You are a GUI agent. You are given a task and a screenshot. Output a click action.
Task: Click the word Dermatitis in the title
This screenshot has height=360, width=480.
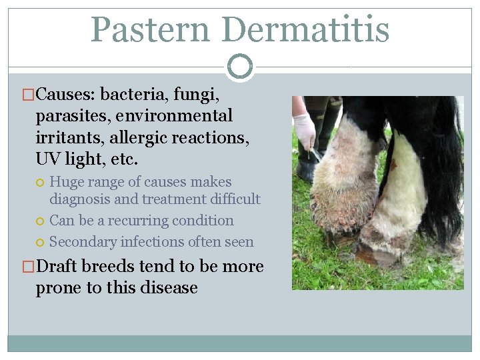[x=306, y=29]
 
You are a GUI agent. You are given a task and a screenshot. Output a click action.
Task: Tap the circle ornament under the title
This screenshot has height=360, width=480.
[x=240, y=66]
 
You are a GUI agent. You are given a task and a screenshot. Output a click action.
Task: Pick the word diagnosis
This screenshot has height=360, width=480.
[x=81, y=199]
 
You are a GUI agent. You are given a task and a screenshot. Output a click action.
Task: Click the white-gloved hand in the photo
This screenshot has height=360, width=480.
[x=305, y=130]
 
